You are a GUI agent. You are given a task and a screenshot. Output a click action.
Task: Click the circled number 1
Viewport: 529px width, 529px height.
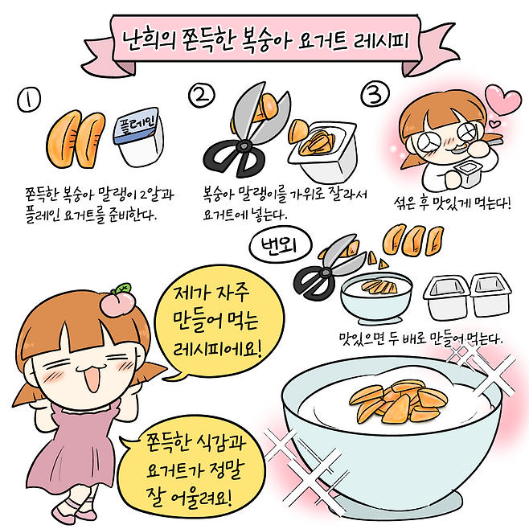(29, 100)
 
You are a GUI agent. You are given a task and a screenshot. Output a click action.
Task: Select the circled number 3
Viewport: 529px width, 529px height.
(375, 95)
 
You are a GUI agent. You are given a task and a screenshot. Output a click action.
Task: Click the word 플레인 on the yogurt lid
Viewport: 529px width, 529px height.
(137, 122)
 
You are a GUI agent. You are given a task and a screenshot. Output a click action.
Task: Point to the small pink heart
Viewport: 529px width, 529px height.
(496, 123)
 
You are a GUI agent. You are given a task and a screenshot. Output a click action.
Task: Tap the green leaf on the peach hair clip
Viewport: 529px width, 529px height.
(121, 289)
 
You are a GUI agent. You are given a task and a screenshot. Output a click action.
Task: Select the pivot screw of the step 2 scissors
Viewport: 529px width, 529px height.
(244, 146)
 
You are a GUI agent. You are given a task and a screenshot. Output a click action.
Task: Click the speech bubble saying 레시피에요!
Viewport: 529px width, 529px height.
(219, 322)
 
